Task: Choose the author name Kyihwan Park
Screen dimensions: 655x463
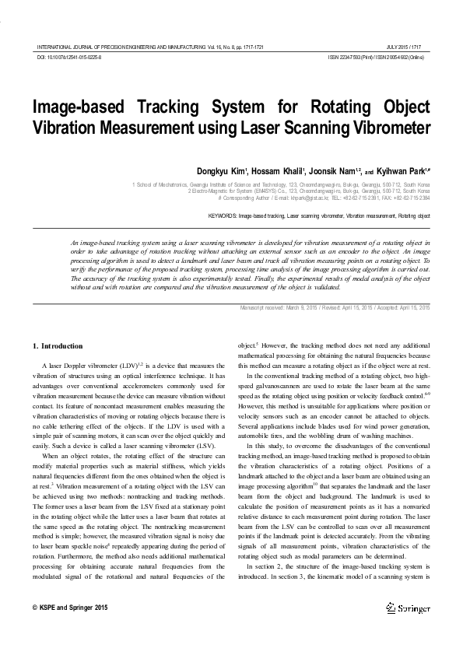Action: click(408, 170)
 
